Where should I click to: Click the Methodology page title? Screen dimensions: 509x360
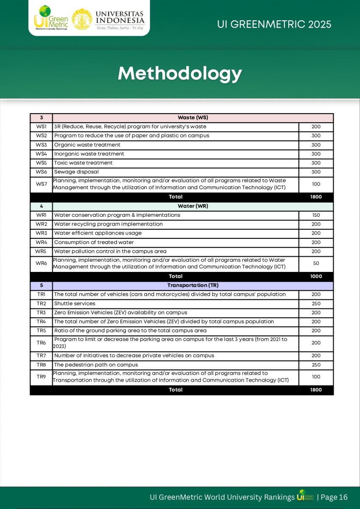[180, 73]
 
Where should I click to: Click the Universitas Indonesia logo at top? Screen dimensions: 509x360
[108, 19]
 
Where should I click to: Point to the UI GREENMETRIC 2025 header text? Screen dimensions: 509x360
[274, 24]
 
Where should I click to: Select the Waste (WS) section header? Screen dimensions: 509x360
[193, 118]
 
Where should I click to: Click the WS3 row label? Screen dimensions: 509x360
[41, 145]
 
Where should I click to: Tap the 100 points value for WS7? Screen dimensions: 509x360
[316, 184]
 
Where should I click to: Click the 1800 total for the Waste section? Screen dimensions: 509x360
[316, 197]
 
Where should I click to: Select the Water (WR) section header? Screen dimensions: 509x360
[193, 206]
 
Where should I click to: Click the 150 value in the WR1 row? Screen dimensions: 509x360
[316, 215]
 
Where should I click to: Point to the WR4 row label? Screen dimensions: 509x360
[41, 242]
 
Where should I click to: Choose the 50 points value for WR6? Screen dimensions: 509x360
[316, 263]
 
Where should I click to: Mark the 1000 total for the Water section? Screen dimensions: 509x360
[316, 276]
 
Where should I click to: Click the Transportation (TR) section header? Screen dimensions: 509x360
[193, 285]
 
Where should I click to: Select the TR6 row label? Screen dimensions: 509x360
[41, 343]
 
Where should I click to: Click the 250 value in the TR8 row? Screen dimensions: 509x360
[316, 365]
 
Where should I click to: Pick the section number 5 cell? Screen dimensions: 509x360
[41, 285]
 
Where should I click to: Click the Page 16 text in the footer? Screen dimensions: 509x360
[334, 497]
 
